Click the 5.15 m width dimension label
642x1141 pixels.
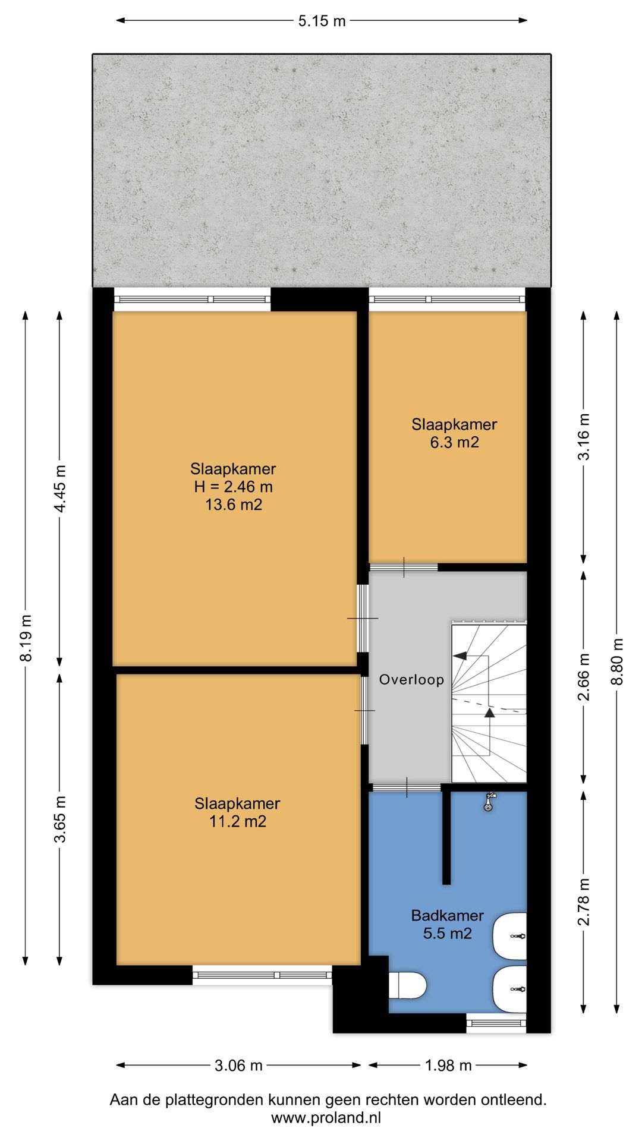[x=322, y=21]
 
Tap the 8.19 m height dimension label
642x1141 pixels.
[x=26, y=638]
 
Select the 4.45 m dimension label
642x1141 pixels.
[x=60, y=488]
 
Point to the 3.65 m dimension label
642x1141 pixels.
[x=60, y=819]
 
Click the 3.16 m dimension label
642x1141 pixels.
[x=584, y=436]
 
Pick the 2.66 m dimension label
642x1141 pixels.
[x=584, y=677]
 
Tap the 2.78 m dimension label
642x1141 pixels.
[x=584, y=902]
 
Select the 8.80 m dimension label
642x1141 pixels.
[x=618, y=661]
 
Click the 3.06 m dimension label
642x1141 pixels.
[x=238, y=1066]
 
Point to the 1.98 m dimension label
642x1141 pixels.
[x=448, y=1066]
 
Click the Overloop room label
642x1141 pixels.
[x=411, y=680]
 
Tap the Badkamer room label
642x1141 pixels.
[x=448, y=915]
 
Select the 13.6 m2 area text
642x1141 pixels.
[x=234, y=505]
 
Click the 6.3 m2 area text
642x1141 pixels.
[x=454, y=442]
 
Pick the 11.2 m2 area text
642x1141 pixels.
[x=238, y=821]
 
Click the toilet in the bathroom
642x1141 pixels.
[x=408, y=985]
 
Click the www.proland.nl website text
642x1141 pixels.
[x=326, y=1118]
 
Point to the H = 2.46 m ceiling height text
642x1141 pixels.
[x=234, y=487]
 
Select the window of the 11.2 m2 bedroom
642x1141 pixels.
[x=262, y=975]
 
